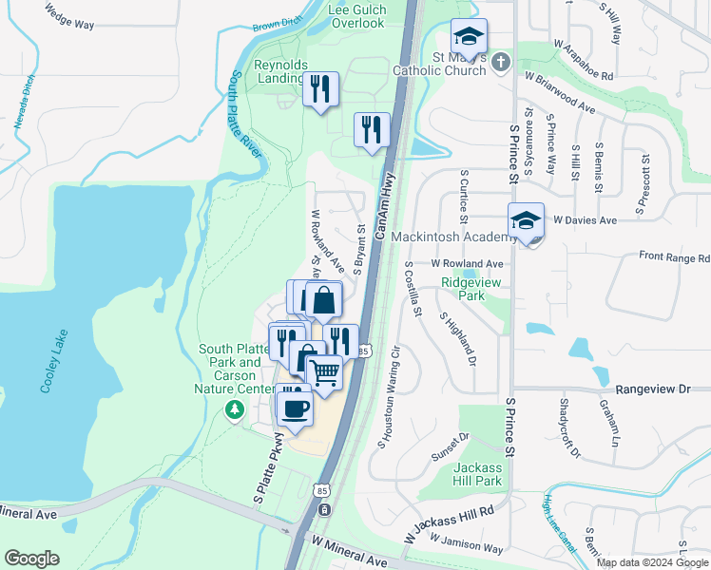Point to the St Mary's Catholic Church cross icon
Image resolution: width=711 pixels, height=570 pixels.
point(502,62)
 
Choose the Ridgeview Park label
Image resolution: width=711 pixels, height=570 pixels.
point(464,289)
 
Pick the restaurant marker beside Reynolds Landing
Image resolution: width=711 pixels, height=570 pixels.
point(320,89)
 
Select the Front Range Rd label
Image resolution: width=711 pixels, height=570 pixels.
point(674,256)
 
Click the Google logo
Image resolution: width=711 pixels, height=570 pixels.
point(31,559)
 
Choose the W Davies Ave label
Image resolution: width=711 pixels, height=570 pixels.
point(585,219)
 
